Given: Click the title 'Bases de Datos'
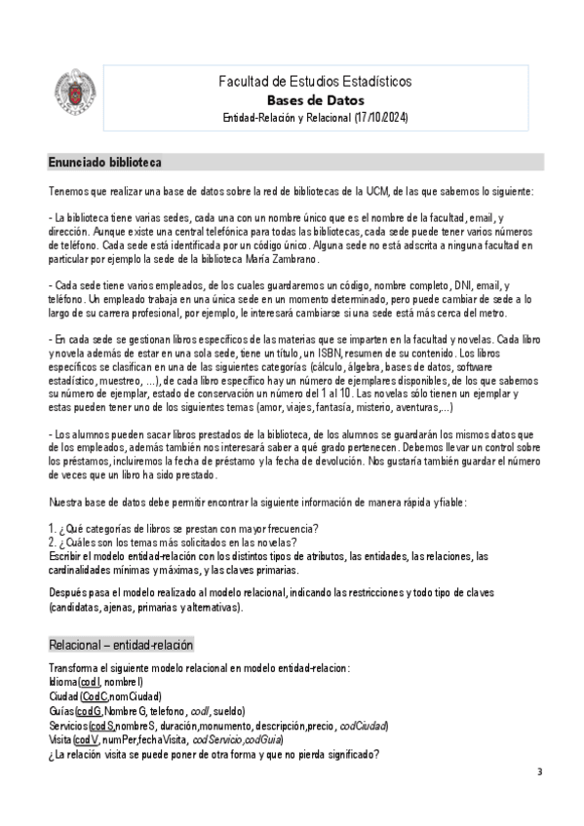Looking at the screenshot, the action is click(315, 99).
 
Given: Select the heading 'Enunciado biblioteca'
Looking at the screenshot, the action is click(104, 161).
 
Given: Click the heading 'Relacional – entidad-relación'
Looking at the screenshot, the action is click(121, 646).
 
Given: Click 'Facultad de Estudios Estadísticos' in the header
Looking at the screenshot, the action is click(315, 81).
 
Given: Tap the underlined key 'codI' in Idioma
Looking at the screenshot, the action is click(89, 682).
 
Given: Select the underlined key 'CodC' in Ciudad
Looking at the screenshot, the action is click(94, 696).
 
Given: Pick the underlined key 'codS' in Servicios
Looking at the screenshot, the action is click(101, 726).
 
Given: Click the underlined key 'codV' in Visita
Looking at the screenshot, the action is click(86, 740).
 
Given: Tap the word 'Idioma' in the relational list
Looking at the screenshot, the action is click(61, 682).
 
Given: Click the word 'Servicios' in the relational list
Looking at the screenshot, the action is click(66, 726).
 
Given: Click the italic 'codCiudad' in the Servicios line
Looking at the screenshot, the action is click(363, 726).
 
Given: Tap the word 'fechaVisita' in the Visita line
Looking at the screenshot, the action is click(159, 740).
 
